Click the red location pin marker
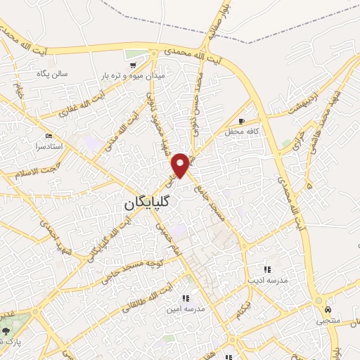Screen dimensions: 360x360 tap(181, 165)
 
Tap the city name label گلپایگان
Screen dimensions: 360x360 tap(149, 204)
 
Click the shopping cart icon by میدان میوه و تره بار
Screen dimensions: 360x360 tap(132, 65)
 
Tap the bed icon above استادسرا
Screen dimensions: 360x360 tap(49, 136)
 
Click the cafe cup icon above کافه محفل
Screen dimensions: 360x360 tap(243, 121)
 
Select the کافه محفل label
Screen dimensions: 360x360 tap(238, 131)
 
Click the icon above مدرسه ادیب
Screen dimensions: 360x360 tap(266, 269)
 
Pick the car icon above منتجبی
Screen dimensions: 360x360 tap(328, 309)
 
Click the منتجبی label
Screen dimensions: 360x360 tap(327, 321)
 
